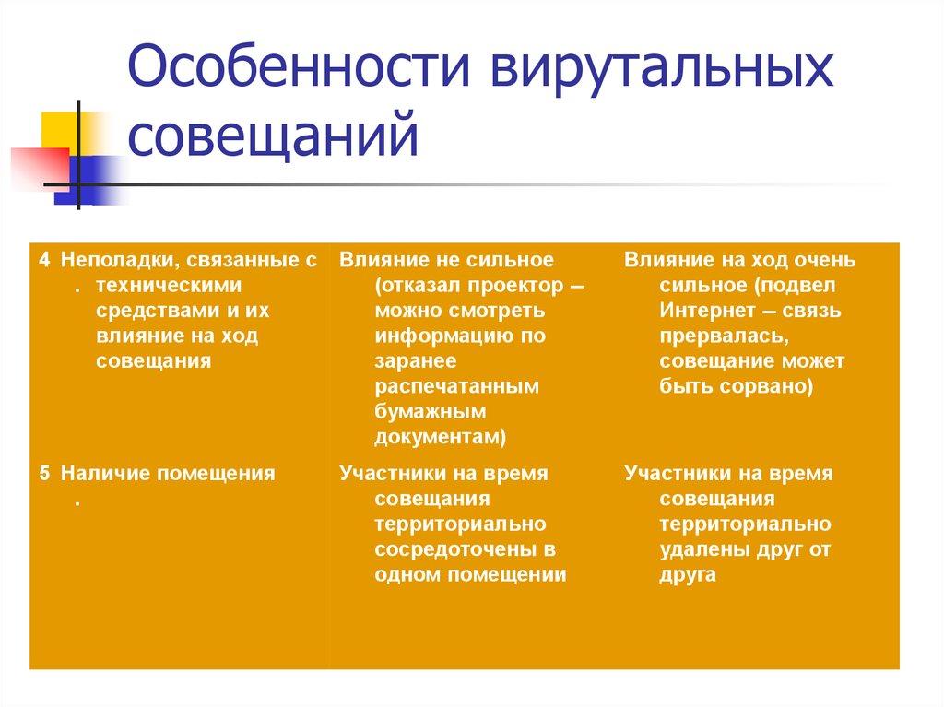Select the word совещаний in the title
274,136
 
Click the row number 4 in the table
44,261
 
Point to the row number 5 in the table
44,474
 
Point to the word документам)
441,435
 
